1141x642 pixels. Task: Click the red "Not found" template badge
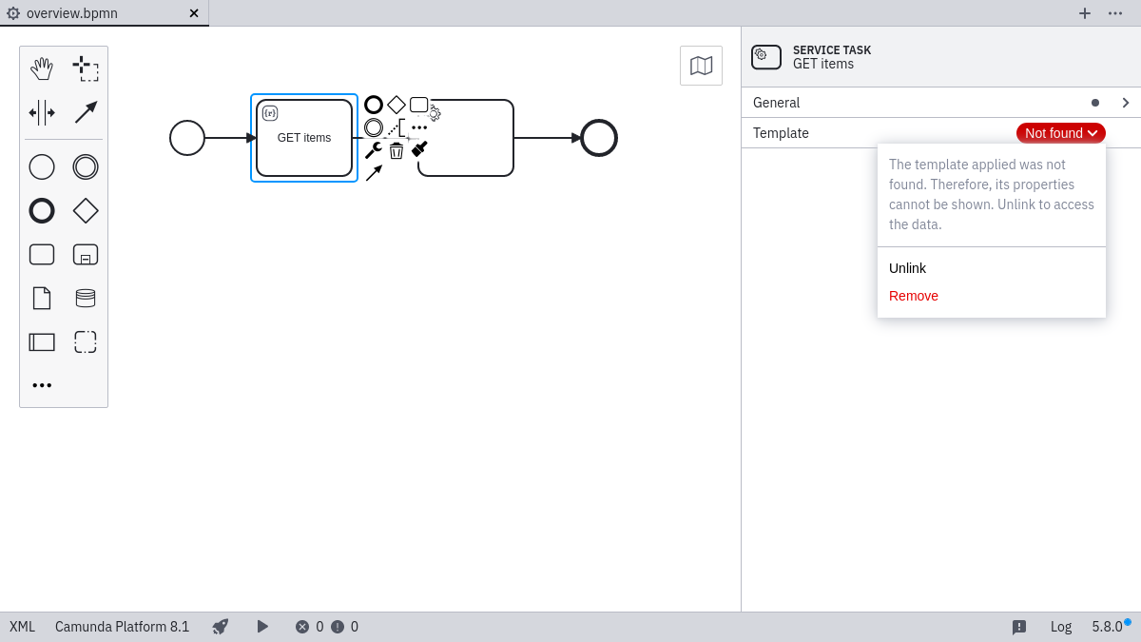coord(1060,133)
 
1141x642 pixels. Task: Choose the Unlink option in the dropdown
coord(907,268)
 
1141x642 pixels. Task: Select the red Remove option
coord(913,296)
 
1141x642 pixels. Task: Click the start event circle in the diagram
coord(187,138)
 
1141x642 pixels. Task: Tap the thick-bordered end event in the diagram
coord(599,138)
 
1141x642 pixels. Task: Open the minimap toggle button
coord(701,66)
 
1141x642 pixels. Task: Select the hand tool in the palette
coord(42,68)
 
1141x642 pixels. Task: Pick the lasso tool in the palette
coord(86,68)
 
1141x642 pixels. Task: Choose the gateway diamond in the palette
coord(86,211)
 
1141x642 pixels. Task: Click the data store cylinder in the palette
coord(86,299)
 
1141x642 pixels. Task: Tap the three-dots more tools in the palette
coord(42,385)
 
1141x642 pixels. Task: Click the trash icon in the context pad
coord(396,150)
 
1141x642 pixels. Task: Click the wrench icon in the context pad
coord(373,150)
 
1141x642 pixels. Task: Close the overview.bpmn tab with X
coord(194,13)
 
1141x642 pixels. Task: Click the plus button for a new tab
coord(1085,13)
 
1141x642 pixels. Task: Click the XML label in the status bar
coord(22,627)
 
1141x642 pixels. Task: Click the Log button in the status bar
coord(1061,627)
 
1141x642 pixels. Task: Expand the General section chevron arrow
coord(1125,103)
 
